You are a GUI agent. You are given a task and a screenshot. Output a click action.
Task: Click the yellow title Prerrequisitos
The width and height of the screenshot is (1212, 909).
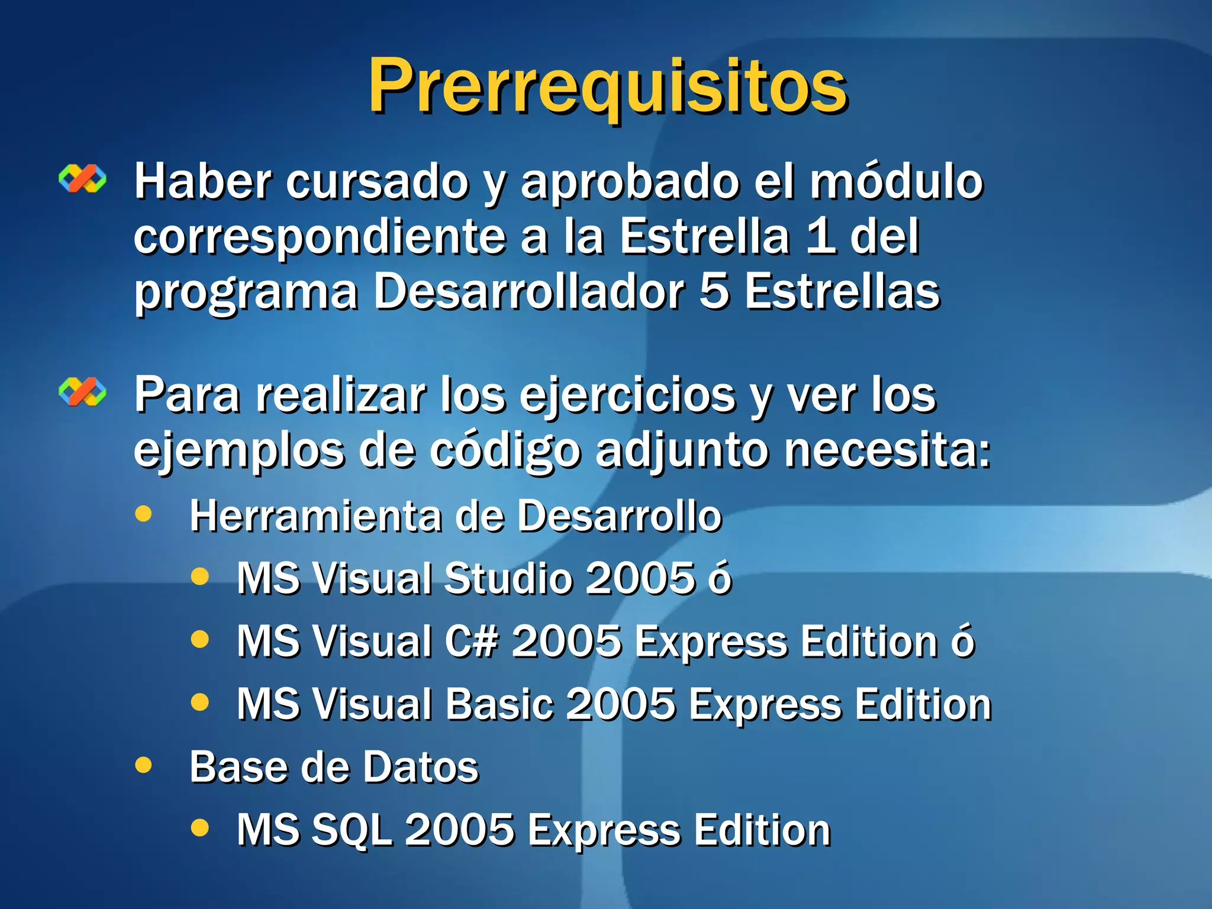pyautogui.click(x=608, y=87)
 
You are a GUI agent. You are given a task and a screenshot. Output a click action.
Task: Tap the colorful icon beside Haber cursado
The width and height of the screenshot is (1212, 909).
pyautogui.click(x=82, y=178)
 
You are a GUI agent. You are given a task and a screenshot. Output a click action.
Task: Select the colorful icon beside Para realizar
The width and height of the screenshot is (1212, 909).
pyautogui.click(x=82, y=392)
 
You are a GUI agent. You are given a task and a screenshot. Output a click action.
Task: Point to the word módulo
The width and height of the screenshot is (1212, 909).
pyautogui.click(x=896, y=182)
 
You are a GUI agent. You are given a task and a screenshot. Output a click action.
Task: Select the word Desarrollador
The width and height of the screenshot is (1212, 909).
pyautogui.click(x=528, y=292)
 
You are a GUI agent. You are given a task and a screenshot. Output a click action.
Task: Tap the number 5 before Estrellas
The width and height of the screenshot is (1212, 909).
pyautogui.click(x=714, y=292)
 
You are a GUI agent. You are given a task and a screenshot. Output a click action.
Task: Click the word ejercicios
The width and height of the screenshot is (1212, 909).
pyautogui.click(x=627, y=397)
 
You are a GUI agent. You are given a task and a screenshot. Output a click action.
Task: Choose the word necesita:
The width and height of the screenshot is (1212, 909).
pyautogui.click(x=888, y=451)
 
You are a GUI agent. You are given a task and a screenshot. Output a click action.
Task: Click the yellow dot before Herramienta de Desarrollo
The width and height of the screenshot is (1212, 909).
pyautogui.click(x=143, y=513)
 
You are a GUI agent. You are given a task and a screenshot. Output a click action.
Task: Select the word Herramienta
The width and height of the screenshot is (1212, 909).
pyautogui.click(x=315, y=517)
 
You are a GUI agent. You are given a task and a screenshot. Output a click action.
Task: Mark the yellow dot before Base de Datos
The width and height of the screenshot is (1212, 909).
pyautogui.click(x=143, y=765)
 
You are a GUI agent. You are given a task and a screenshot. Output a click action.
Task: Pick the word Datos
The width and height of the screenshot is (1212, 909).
pyautogui.click(x=421, y=768)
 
